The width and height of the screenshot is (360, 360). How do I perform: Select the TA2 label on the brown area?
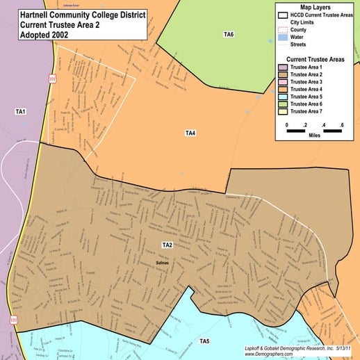[167, 245]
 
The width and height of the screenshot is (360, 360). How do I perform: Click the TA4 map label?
[190, 132]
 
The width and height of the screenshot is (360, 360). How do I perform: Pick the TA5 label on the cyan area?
[204, 341]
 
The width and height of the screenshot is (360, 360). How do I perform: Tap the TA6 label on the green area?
[229, 34]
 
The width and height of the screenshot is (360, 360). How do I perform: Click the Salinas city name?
[163, 262]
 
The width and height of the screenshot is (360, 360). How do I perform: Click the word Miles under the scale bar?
[315, 136]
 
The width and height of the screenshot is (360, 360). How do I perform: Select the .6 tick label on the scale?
[341, 125]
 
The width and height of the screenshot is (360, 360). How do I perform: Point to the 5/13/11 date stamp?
[343, 347]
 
